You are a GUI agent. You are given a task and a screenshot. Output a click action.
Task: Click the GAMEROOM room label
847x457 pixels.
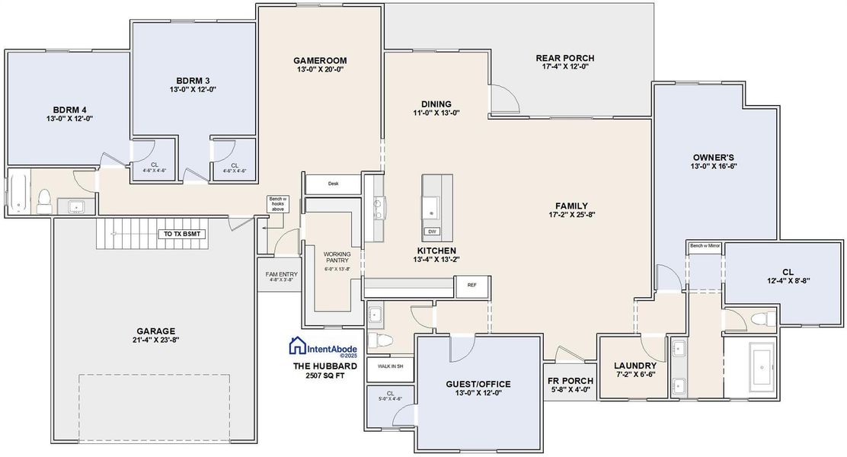pyautogui.click(x=320, y=59)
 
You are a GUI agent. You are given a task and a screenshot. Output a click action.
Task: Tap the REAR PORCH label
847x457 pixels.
pyautogui.click(x=565, y=58)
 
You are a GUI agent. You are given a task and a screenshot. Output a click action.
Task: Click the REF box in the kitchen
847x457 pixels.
pyautogui.click(x=471, y=286)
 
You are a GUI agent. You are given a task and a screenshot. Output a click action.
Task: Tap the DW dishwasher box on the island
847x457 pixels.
pyautogui.click(x=432, y=231)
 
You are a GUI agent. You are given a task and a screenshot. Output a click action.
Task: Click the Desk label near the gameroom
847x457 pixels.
pyautogui.click(x=333, y=184)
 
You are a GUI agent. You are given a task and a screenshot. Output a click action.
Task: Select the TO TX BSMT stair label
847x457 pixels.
pyautogui.click(x=181, y=234)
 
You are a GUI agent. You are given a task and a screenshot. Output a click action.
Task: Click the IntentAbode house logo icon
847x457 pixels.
pyautogui.click(x=297, y=347)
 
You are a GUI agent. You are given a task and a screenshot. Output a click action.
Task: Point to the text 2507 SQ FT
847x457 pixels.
pyautogui.click(x=323, y=375)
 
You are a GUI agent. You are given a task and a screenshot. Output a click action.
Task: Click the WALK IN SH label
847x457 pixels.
pyautogui.click(x=390, y=366)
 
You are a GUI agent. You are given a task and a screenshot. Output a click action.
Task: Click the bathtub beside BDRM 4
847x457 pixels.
pyautogui.click(x=16, y=195)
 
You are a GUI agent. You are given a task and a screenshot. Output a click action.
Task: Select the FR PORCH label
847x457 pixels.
pyautogui.click(x=570, y=381)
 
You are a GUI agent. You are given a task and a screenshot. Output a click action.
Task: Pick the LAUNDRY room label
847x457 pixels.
pyautogui.click(x=634, y=366)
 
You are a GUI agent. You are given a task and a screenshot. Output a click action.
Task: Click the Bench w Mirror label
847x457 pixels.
pyautogui.click(x=705, y=246)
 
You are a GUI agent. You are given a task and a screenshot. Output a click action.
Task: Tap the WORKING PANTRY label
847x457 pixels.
pyautogui.click(x=336, y=258)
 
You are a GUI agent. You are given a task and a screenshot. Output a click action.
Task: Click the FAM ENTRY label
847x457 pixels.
pyautogui.click(x=281, y=274)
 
